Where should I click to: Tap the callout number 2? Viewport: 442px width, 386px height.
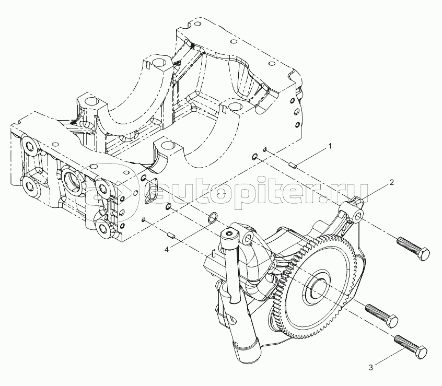pyautogui.click(x=391, y=183)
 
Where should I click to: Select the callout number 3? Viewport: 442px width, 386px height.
pyautogui.click(x=371, y=368)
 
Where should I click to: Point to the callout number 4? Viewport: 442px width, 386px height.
pyautogui.click(x=166, y=250)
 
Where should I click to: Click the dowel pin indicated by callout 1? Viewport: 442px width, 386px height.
pyautogui.click(x=294, y=166)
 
